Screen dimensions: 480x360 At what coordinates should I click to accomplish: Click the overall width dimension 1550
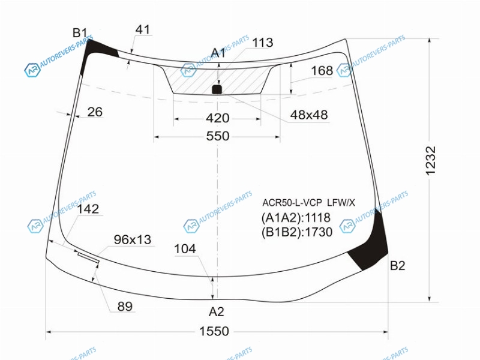point(214,331)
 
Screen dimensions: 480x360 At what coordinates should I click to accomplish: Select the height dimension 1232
point(430,161)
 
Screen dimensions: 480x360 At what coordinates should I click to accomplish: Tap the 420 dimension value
point(217,118)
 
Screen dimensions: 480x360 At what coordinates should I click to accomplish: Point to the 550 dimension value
point(218,136)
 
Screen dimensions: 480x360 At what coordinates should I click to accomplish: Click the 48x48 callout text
point(309,115)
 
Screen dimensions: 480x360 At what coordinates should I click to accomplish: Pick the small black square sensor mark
point(217,89)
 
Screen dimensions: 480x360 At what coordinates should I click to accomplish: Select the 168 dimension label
point(322,71)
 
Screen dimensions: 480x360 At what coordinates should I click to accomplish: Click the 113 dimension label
point(262,43)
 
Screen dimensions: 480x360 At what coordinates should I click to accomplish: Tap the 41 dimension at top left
point(143,29)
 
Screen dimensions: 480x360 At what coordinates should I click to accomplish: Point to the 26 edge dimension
point(95,112)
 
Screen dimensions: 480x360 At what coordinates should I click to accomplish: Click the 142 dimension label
point(88,209)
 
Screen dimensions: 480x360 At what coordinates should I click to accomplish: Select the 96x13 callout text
point(133,239)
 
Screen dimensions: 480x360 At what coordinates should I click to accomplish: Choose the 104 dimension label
point(185,249)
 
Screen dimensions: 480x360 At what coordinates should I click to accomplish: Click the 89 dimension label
point(125,306)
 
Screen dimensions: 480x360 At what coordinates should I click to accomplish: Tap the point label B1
point(80,33)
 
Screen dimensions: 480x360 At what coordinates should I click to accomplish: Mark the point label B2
point(398,265)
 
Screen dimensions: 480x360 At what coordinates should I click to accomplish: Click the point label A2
point(217,311)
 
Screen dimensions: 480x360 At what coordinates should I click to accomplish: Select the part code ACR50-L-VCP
point(292,203)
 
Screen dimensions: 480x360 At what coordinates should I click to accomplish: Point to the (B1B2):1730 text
point(296,232)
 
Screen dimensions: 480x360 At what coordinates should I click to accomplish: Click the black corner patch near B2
point(371,245)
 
